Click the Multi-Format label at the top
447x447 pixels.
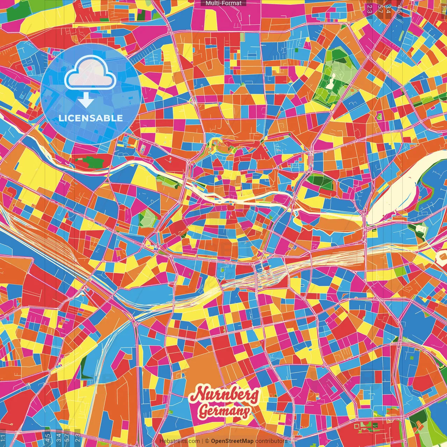223,3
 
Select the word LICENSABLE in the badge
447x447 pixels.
91,118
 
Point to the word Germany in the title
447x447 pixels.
225,411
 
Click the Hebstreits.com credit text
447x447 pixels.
179,441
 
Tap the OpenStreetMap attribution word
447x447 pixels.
232,441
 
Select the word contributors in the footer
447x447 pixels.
271,441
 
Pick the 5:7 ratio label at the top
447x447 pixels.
380,9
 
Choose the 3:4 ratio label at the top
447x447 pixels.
388,9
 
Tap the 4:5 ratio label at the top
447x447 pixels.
399,9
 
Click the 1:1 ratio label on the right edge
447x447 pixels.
444,7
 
